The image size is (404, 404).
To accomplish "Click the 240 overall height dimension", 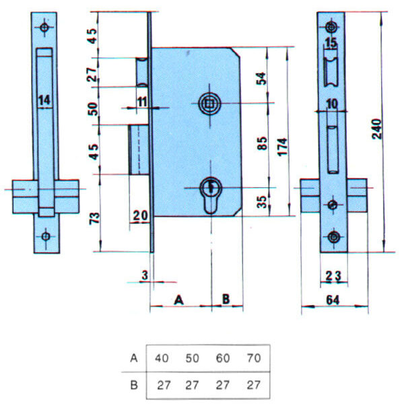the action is tap(377, 129).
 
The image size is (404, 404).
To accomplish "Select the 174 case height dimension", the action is tap(283, 147).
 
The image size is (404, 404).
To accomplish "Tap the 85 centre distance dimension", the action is tap(263, 143).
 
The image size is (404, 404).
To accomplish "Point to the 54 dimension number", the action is tap(261, 79).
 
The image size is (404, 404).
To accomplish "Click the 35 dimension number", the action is tap(262, 202).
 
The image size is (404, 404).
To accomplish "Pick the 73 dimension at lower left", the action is tap(94, 218).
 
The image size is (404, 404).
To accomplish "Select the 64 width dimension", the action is tap(333, 300).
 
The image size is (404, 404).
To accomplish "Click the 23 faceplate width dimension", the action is tap(333, 276).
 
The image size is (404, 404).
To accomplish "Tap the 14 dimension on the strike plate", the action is tap(44, 100).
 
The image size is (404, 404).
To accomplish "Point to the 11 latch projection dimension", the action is tap(142, 102).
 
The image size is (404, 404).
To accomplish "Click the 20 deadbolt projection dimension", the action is tap(141, 215).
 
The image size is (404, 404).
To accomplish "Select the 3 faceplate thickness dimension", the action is tap(145, 275).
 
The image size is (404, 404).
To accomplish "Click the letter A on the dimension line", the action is tap(178, 300).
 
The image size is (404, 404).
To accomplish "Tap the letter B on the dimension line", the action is tap(226, 299).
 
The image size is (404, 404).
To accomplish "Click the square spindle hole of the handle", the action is tap(209, 104).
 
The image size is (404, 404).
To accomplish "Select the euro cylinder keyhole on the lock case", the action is tap(211, 195).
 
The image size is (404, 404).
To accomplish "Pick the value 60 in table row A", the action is tap(223, 358).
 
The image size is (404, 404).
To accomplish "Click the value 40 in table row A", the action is tap(162, 358).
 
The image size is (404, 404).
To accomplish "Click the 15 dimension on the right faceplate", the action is tap(331, 43).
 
